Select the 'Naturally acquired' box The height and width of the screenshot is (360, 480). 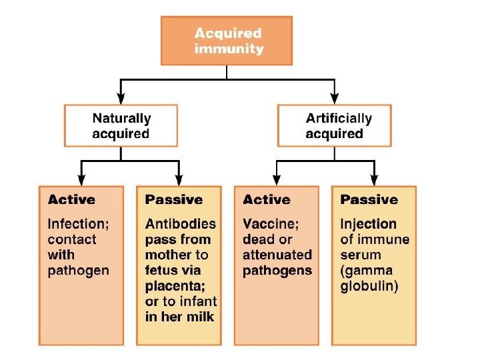point(121,126)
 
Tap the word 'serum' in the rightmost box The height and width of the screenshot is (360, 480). point(360,255)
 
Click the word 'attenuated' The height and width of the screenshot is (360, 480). point(277,255)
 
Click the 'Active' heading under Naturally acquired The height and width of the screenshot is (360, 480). point(71,199)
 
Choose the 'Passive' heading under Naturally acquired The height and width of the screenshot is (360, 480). point(173,199)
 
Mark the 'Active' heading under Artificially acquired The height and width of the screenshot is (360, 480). point(267,199)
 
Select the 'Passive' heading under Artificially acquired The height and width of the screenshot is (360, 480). point(369,199)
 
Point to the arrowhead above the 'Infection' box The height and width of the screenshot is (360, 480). point(81,179)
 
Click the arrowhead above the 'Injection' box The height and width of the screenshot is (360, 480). point(374,179)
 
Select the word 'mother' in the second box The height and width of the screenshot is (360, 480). point(169,255)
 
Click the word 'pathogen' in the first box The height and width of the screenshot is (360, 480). point(78,270)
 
